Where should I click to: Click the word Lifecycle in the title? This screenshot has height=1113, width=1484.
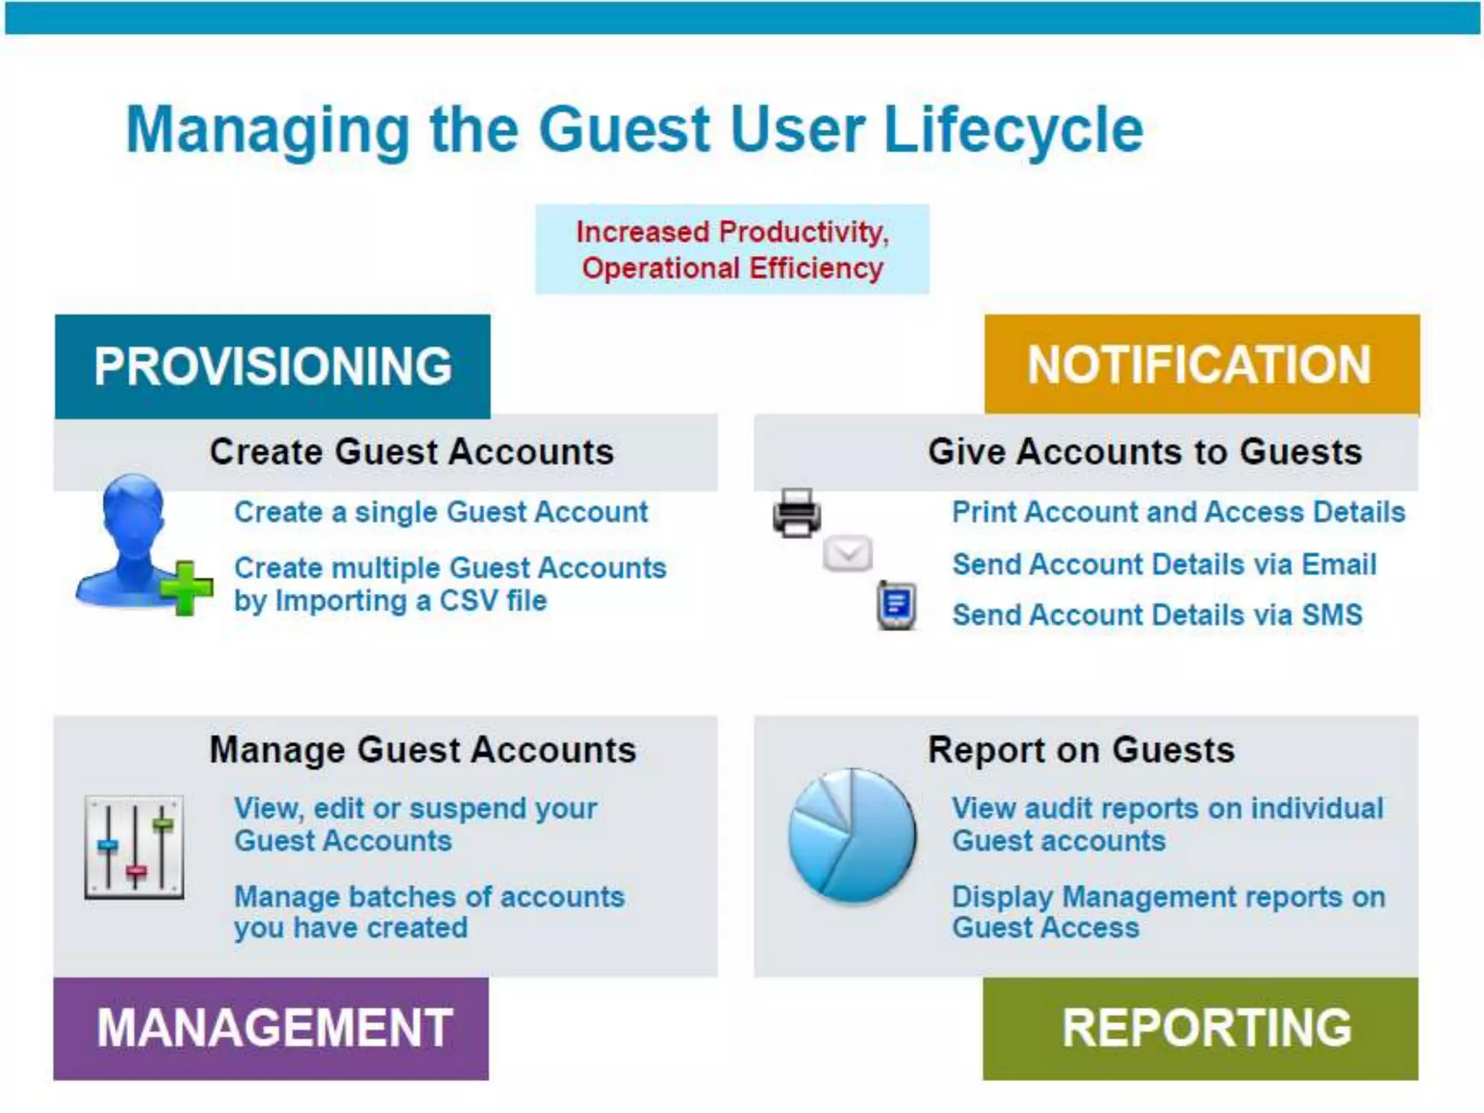coord(1013,130)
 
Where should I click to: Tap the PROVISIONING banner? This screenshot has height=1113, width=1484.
coord(272,366)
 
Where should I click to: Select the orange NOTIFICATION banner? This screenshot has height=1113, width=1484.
coord(1201,364)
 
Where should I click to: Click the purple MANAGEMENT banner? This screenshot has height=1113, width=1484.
coord(271,1027)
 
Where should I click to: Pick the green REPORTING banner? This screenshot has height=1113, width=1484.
coord(1201,1027)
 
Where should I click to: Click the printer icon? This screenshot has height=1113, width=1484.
coord(796,513)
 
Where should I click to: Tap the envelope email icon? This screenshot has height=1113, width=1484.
coord(847,554)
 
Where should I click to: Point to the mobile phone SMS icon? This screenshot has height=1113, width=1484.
coord(896,605)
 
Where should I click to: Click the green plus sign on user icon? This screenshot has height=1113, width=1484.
coord(186,588)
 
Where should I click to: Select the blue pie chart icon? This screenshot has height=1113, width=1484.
coord(852,835)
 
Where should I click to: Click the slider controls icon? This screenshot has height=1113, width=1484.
coord(134,846)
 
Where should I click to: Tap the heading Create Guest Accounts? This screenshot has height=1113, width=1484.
coord(412,452)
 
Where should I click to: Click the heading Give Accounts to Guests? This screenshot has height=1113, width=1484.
coord(1145,452)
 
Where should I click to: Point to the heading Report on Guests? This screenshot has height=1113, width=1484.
coord(1081,750)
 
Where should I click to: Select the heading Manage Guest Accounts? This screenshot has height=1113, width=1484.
coord(422,750)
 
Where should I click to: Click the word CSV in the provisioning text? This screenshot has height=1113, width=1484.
coord(468,601)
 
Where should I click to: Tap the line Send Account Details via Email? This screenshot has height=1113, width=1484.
coord(1164,564)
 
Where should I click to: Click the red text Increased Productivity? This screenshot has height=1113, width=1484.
coord(732,233)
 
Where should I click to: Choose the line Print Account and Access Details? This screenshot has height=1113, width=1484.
coord(1178,512)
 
